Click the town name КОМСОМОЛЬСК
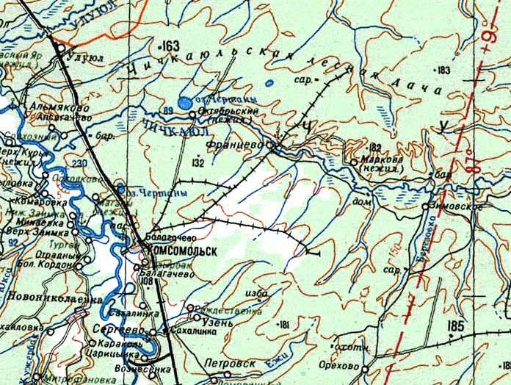coord(184,251)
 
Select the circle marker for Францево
coord(270,146)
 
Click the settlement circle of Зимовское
coord(426,206)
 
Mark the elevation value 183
coord(442,70)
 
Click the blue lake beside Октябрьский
coord(186,103)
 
